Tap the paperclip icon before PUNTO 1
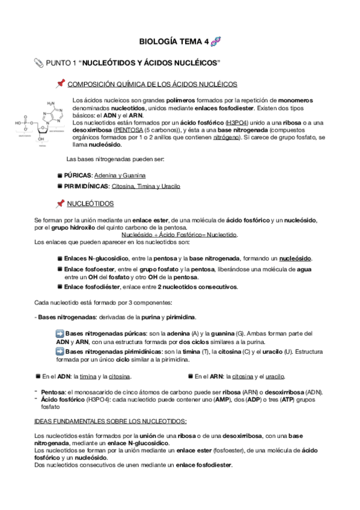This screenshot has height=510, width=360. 40,63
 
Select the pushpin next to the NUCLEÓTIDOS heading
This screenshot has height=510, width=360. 60,204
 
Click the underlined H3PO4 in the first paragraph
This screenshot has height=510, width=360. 236,122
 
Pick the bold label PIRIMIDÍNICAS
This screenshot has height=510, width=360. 84,186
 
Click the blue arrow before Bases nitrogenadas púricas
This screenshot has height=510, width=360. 59,333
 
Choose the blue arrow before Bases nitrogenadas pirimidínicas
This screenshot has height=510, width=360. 59,351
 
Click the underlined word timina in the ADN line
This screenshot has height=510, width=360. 88,376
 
